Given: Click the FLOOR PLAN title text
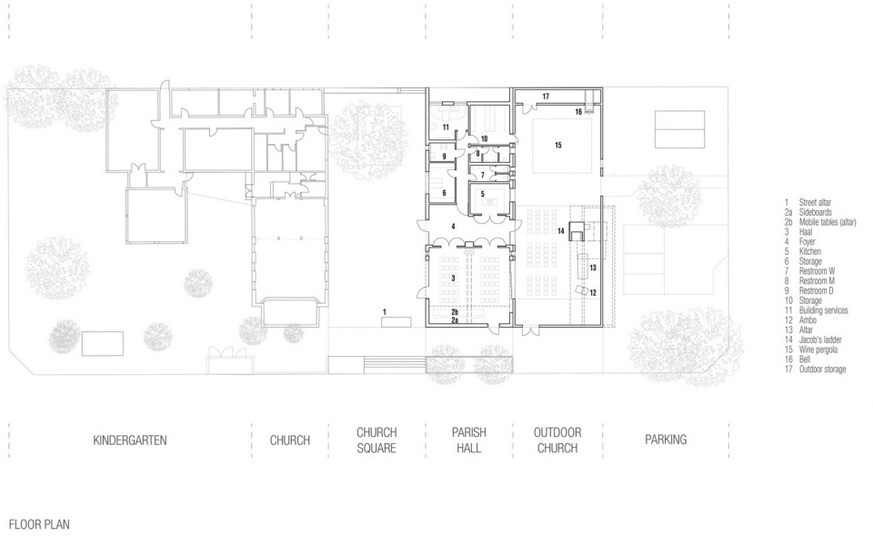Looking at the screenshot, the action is click(39, 524).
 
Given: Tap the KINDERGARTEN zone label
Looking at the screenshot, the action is click(130, 441).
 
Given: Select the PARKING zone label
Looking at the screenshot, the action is click(666, 440).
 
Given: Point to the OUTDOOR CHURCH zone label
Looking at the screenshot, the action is click(557, 441).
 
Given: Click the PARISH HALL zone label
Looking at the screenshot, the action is click(469, 441).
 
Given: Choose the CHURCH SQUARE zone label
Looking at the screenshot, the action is click(376, 441).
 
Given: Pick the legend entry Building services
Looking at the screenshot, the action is click(824, 310).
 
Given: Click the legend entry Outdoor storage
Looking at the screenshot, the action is click(822, 369).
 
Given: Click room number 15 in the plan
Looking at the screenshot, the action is click(557, 146).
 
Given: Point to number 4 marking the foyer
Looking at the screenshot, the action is click(453, 227).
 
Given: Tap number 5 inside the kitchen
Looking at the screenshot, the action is click(483, 195).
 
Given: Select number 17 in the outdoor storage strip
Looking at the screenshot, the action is click(546, 96).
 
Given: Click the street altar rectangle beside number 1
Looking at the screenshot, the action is click(396, 321).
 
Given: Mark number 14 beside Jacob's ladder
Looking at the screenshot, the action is click(561, 230).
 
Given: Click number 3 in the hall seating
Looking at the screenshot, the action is click(453, 278).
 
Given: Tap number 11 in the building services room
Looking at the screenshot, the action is click(446, 127).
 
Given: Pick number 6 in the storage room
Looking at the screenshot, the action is click(445, 193).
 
